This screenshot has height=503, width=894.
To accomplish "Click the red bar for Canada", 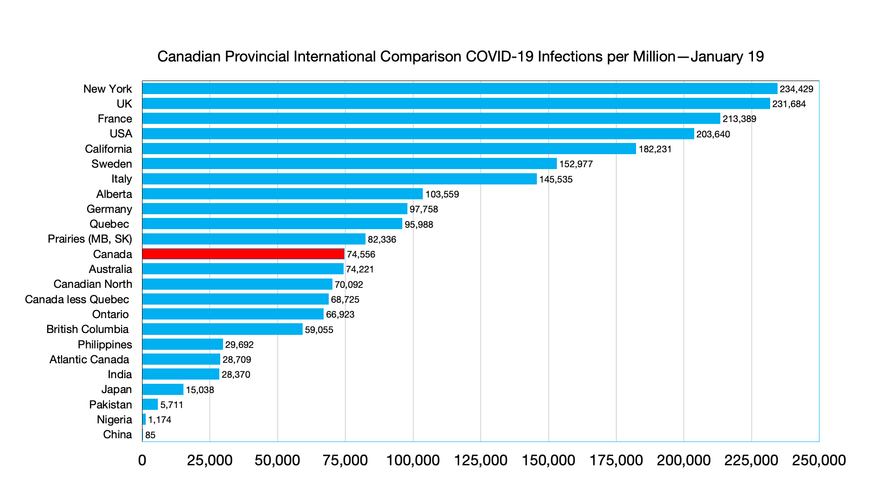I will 243,254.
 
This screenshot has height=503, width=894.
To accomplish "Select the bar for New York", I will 460,88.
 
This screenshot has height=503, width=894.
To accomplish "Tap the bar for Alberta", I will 282,194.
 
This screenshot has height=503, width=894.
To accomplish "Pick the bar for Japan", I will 163,389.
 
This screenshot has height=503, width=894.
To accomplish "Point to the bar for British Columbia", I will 222,329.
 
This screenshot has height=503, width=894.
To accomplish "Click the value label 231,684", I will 789,104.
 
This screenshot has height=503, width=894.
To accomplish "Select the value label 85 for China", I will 150,435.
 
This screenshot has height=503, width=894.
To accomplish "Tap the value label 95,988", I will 419,224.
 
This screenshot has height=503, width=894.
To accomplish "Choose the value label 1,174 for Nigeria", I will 160,420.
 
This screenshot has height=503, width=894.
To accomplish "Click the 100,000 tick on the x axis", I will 413,460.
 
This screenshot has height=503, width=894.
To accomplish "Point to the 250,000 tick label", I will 819,460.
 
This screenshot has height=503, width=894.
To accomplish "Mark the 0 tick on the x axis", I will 142,460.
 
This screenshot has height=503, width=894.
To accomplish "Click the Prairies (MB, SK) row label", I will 90,239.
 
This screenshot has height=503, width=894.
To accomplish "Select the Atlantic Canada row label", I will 89,360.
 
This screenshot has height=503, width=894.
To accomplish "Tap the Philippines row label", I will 105,345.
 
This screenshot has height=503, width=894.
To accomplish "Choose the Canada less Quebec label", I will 77,299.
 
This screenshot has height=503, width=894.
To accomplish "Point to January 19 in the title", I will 727,56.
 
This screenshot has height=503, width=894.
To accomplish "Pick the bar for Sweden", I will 349,163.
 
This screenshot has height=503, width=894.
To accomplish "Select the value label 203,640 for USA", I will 713,134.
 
